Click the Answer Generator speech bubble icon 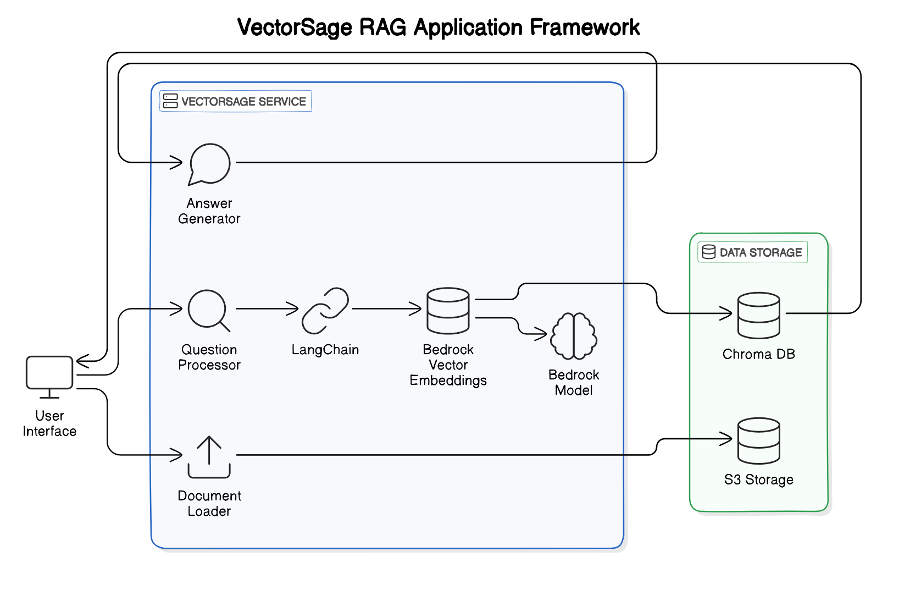tap(209, 164)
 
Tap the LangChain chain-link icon tap(325, 310)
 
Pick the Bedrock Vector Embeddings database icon tap(448, 310)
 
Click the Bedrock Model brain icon tap(574, 335)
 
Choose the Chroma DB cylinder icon tap(758, 315)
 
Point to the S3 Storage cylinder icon tap(758, 440)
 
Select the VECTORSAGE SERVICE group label tap(236, 101)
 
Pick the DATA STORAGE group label tap(753, 252)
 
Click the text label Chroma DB tap(758, 354)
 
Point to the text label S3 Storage tap(758, 479)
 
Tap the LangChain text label tap(325, 350)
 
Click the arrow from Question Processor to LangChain tap(267, 309)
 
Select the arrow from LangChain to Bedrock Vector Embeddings tap(387, 309)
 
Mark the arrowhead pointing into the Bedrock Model tap(542, 333)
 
